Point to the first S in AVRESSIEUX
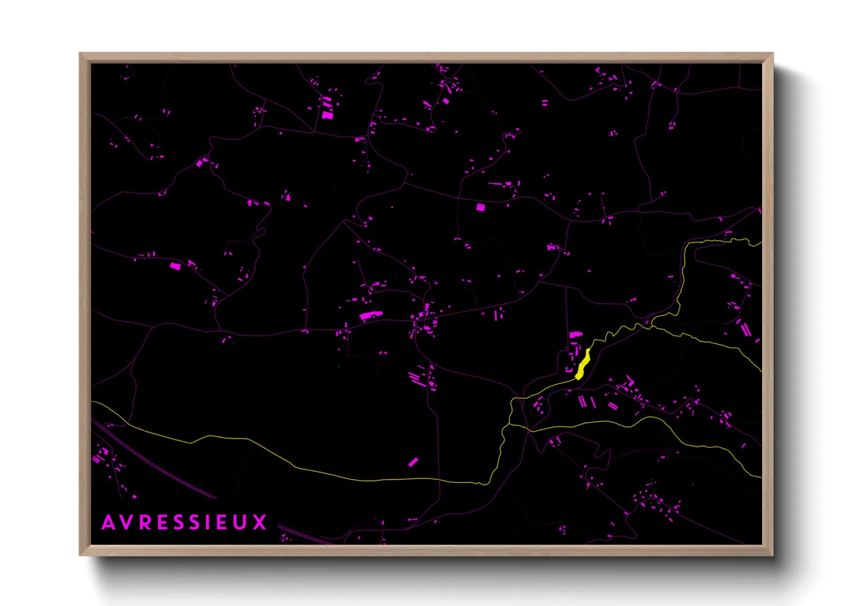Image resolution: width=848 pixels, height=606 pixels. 179,522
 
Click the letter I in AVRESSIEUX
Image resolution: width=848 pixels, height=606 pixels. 210,522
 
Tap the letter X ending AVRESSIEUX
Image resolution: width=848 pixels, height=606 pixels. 260,522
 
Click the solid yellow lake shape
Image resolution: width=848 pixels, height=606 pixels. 583,364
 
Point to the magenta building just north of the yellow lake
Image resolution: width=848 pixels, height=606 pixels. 575,335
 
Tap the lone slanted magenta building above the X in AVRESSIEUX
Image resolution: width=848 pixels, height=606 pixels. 413,462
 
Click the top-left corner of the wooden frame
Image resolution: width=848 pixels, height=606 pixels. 81,54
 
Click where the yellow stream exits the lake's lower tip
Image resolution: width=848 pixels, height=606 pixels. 578,378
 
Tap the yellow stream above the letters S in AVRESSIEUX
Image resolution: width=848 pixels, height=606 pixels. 189,442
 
